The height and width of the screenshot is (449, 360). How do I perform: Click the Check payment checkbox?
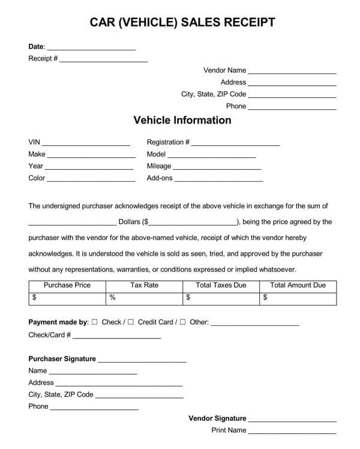pyautogui.click(x=95, y=322)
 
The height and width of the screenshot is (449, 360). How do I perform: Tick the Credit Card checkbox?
pyautogui.click(x=131, y=322)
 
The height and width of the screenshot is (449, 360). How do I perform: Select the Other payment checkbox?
pyautogui.click(x=182, y=322)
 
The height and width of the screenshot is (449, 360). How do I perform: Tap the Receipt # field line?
pyautogui.click(x=103, y=61)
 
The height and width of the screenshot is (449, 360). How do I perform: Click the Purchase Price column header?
pyautogui.click(x=67, y=285)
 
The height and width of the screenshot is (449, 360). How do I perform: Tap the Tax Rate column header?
pyautogui.click(x=144, y=285)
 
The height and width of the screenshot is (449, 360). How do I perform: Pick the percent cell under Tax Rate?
pyautogui.click(x=144, y=297)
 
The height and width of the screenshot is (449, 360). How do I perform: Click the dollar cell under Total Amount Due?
pyautogui.click(x=298, y=297)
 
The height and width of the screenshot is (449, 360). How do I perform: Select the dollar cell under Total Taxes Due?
pyautogui.click(x=221, y=297)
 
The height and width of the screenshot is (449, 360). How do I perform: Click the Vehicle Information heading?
pyautogui.click(x=182, y=120)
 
